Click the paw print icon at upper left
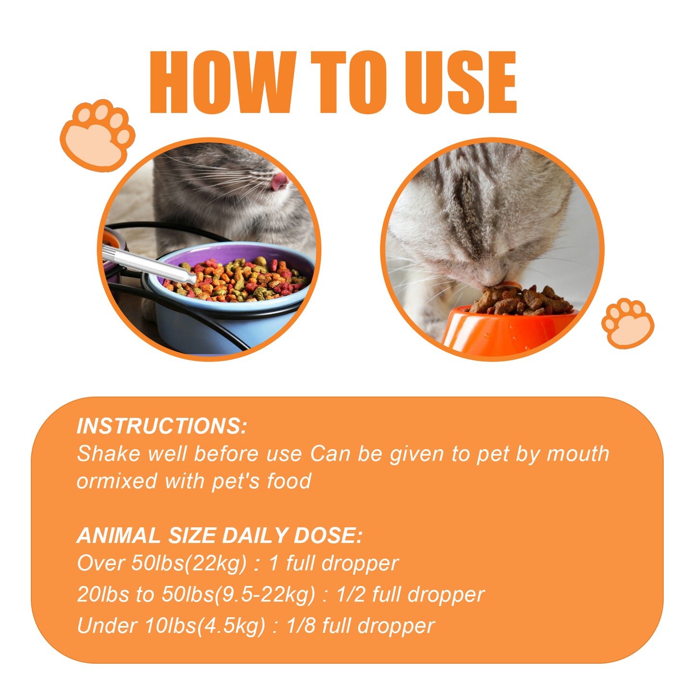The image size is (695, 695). click(x=98, y=135)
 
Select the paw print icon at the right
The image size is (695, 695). click(x=627, y=323)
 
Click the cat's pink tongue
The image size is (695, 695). click(x=279, y=181)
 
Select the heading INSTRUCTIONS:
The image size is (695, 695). click(x=162, y=426)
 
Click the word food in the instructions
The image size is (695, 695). click(x=289, y=481)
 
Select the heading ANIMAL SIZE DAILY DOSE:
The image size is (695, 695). click(x=219, y=536)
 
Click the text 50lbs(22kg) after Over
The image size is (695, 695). click(x=189, y=563)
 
